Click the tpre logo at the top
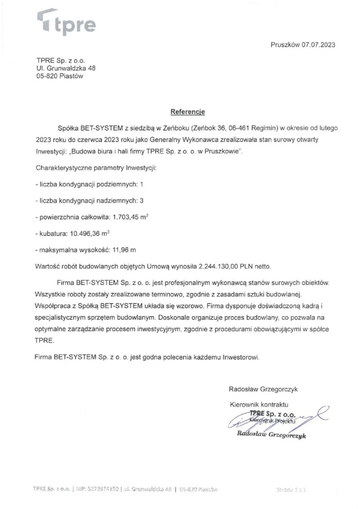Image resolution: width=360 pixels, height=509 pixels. click(x=67, y=23)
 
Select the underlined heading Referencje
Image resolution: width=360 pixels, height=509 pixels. click(x=188, y=112)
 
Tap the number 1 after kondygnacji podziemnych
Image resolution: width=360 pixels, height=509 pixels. click(x=141, y=184)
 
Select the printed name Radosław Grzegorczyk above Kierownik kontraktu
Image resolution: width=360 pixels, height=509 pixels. click(x=263, y=389)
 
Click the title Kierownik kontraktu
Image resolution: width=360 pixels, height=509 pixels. click(x=259, y=404)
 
